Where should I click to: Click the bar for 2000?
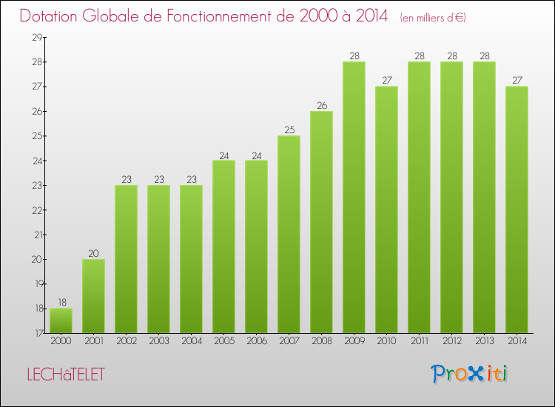tap(61, 320)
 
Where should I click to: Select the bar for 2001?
tap(93, 296)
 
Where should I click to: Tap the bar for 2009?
tap(354, 197)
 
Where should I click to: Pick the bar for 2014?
tap(517, 209)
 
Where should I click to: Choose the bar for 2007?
tap(289, 234)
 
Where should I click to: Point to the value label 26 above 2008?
tap(321, 105)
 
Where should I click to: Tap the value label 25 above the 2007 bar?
tap(289, 130)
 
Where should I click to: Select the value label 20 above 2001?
tap(93, 253)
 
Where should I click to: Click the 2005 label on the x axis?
tap(223, 342)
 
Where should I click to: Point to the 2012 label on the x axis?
tap(451, 342)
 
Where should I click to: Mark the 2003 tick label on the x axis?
tap(158, 342)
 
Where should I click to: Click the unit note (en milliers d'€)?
tap(433, 17)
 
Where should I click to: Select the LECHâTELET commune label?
tap(66, 374)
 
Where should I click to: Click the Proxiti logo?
tap(470, 374)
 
